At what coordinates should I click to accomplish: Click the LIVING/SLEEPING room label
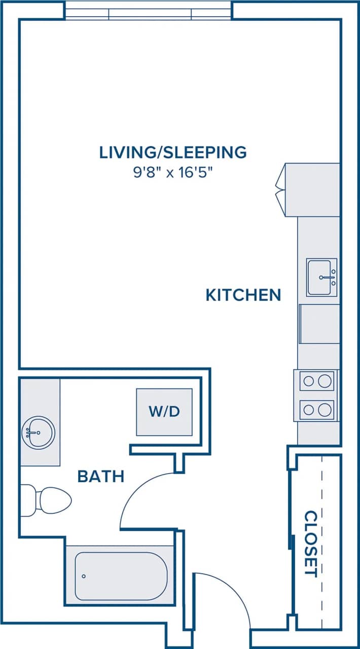click(173, 152)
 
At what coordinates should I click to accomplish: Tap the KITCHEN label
click(243, 295)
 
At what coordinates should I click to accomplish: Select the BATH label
click(101, 476)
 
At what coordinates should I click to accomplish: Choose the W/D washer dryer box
click(164, 411)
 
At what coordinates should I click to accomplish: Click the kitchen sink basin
click(321, 277)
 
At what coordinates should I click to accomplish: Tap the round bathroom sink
click(39, 432)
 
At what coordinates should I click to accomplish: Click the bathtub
click(120, 576)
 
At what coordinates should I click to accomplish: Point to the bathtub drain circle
click(84, 576)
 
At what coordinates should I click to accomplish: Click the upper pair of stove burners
click(317, 381)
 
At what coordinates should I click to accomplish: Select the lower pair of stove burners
click(317, 410)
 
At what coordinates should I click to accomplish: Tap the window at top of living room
click(149, 11)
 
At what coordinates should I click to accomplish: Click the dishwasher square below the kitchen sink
click(319, 323)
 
